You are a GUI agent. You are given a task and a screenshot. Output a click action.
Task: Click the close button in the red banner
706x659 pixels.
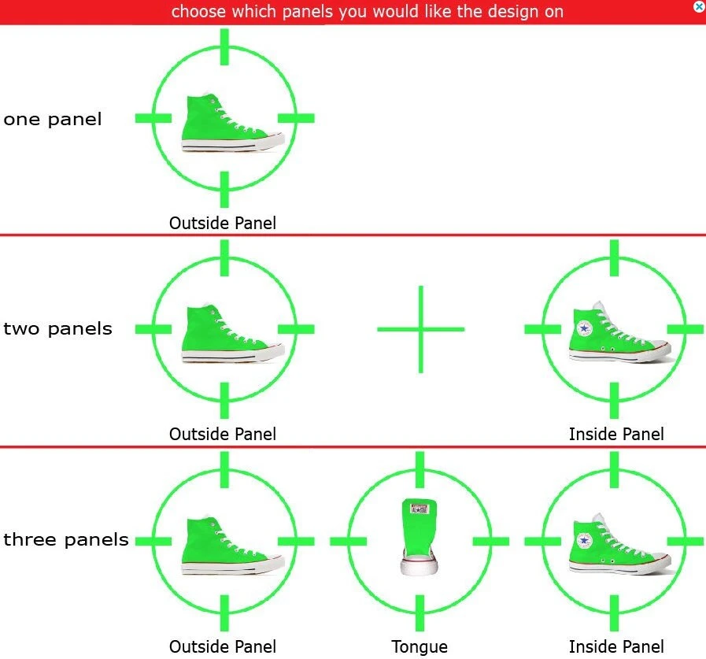tap(699, 6)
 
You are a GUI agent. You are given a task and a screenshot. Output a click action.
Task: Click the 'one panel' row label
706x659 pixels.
tap(52, 120)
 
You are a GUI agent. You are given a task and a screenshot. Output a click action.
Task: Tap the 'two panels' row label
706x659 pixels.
tap(57, 329)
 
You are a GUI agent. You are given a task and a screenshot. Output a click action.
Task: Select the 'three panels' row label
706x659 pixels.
tap(66, 539)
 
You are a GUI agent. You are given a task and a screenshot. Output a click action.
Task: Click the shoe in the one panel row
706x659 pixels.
tap(232, 123)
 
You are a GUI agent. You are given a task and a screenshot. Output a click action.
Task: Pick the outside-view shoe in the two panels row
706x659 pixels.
tap(232, 334)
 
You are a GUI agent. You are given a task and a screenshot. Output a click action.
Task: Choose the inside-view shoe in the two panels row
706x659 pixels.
tap(620, 332)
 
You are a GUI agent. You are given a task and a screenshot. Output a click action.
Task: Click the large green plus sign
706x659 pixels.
tap(420, 329)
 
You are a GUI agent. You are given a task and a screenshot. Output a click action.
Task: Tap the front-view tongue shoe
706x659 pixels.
tap(420, 537)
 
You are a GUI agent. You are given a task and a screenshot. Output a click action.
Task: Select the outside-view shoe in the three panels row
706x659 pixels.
tap(232, 546)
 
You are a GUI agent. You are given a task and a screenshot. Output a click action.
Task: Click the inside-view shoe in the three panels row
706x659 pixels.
tap(620, 544)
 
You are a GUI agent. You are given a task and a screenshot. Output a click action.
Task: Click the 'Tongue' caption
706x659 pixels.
tap(420, 647)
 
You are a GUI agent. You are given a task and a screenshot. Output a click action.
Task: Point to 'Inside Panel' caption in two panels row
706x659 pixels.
tap(616, 435)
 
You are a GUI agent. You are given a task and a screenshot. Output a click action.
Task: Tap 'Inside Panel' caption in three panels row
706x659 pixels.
tap(616, 647)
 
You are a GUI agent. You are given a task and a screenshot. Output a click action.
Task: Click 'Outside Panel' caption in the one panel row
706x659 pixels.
tap(223, 223)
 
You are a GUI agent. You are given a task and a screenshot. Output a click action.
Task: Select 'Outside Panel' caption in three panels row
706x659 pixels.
tap(223, 647)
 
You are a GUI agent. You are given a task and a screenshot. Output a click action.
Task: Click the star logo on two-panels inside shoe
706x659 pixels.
tap(584, 328)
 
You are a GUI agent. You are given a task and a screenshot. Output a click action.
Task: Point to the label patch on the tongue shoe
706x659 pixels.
tap(419, 509)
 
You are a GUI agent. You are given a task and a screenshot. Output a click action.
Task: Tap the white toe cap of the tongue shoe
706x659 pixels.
tap(420, 567)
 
